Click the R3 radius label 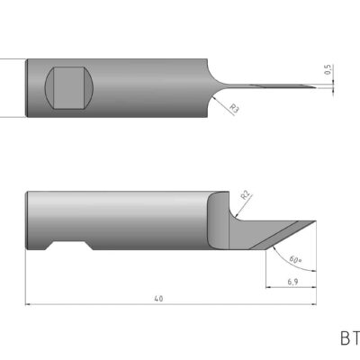click(x=235, y=109)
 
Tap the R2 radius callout click(x=245, y=193)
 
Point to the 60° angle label click(x=296, y=260)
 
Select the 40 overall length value click(x=159, y=298)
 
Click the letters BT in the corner click(x=349, y=339)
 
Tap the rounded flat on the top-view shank click(x=68, y=87)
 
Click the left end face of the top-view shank click(x=27, y=87)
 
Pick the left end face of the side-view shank click(x=27, y=221)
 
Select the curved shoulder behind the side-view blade click(x=217, y=220)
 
